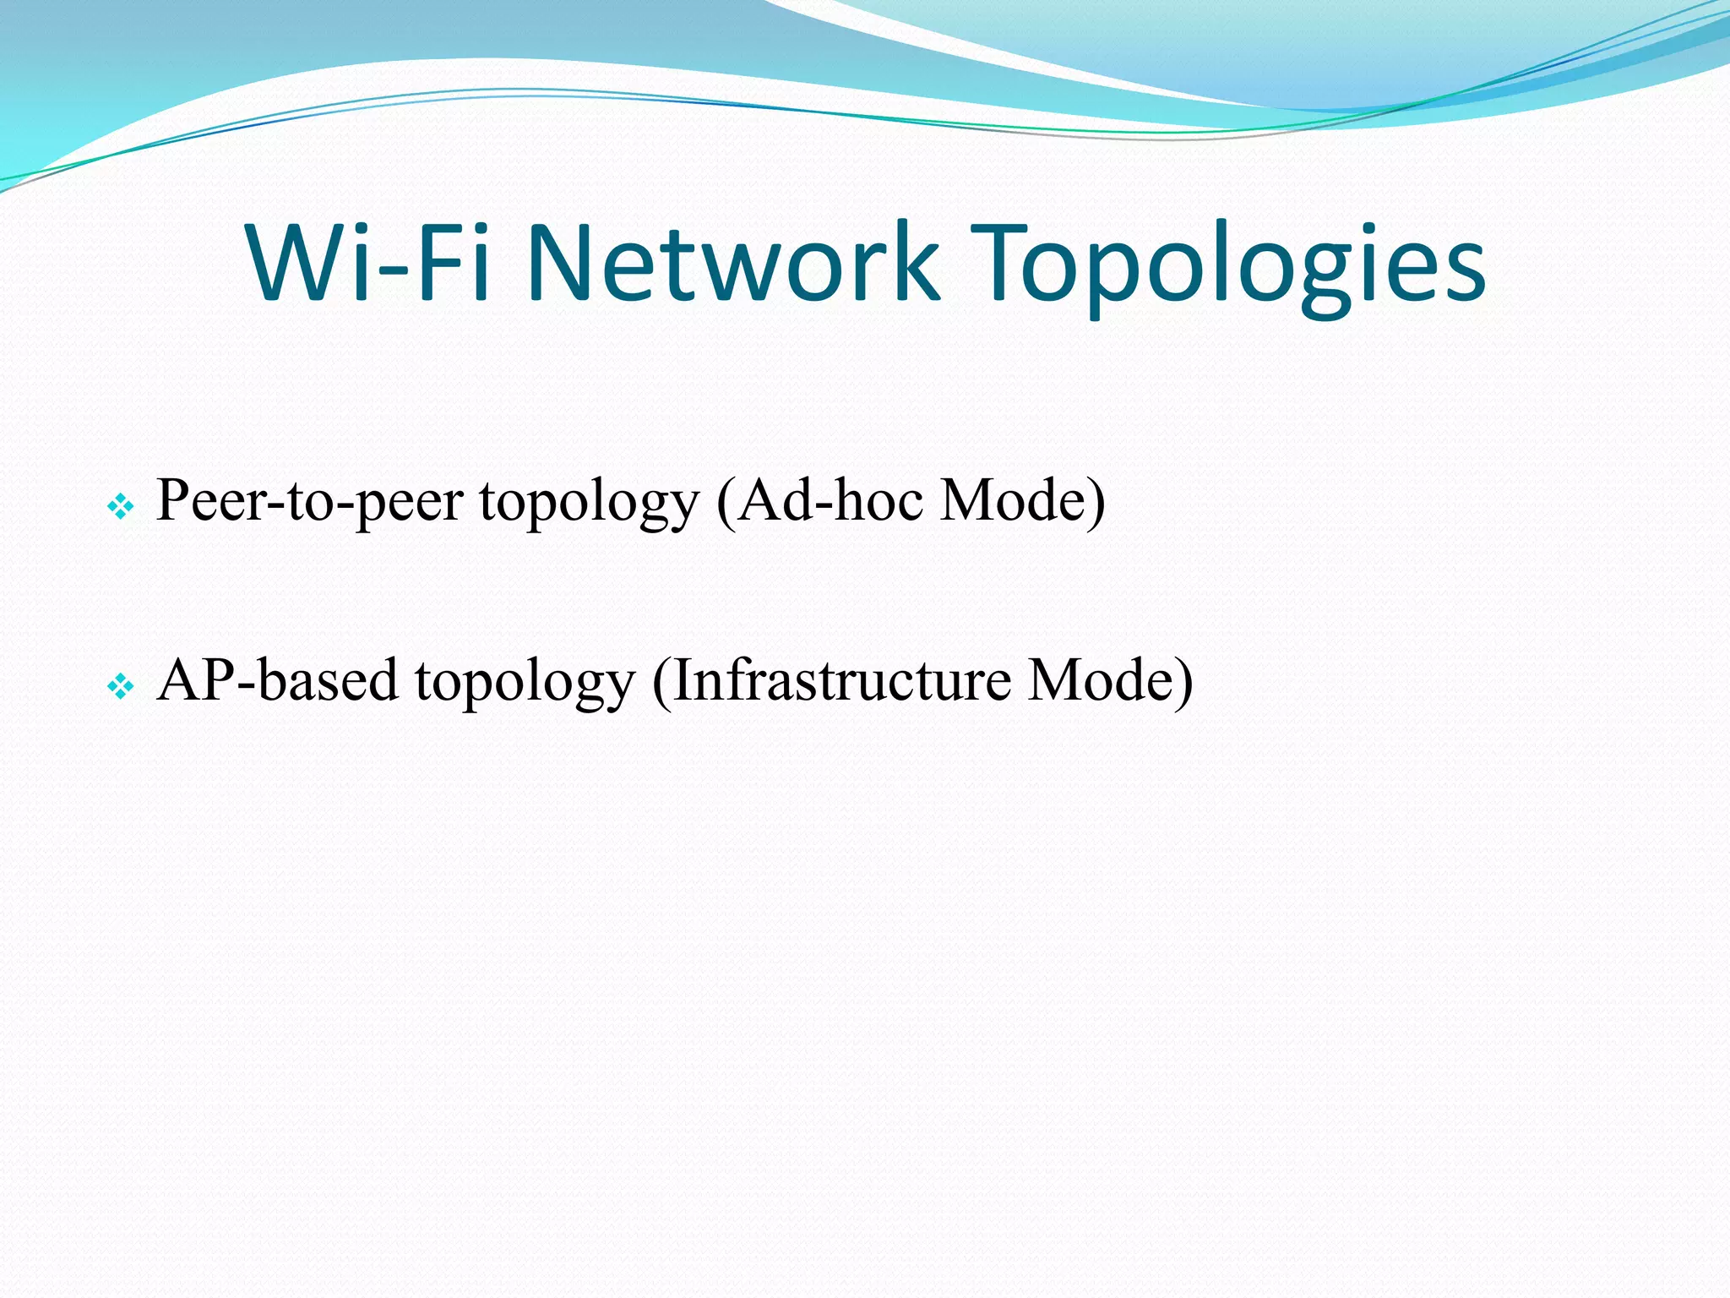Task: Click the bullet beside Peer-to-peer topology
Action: click(121, 507)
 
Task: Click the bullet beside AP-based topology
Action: click(121, 687)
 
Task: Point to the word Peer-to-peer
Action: click(309, 502)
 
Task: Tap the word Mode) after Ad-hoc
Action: click(1022, 500)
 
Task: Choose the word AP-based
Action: click(277, 680)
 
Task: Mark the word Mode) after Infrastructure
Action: click(1110, 680)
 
